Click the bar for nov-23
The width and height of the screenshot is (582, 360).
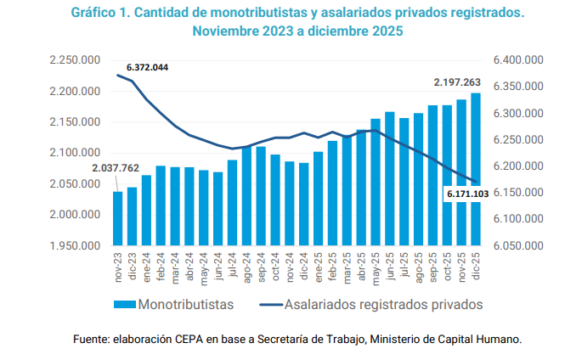(117, 218)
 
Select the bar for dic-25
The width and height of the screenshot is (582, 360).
(475, 170)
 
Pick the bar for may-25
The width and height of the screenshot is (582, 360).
(376, 183)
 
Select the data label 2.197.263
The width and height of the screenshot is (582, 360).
(457, 82)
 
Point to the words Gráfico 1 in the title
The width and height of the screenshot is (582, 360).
(103, 14)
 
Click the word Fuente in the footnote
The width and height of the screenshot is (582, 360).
(91, 340)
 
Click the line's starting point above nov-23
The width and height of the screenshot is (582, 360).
(117, 76)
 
